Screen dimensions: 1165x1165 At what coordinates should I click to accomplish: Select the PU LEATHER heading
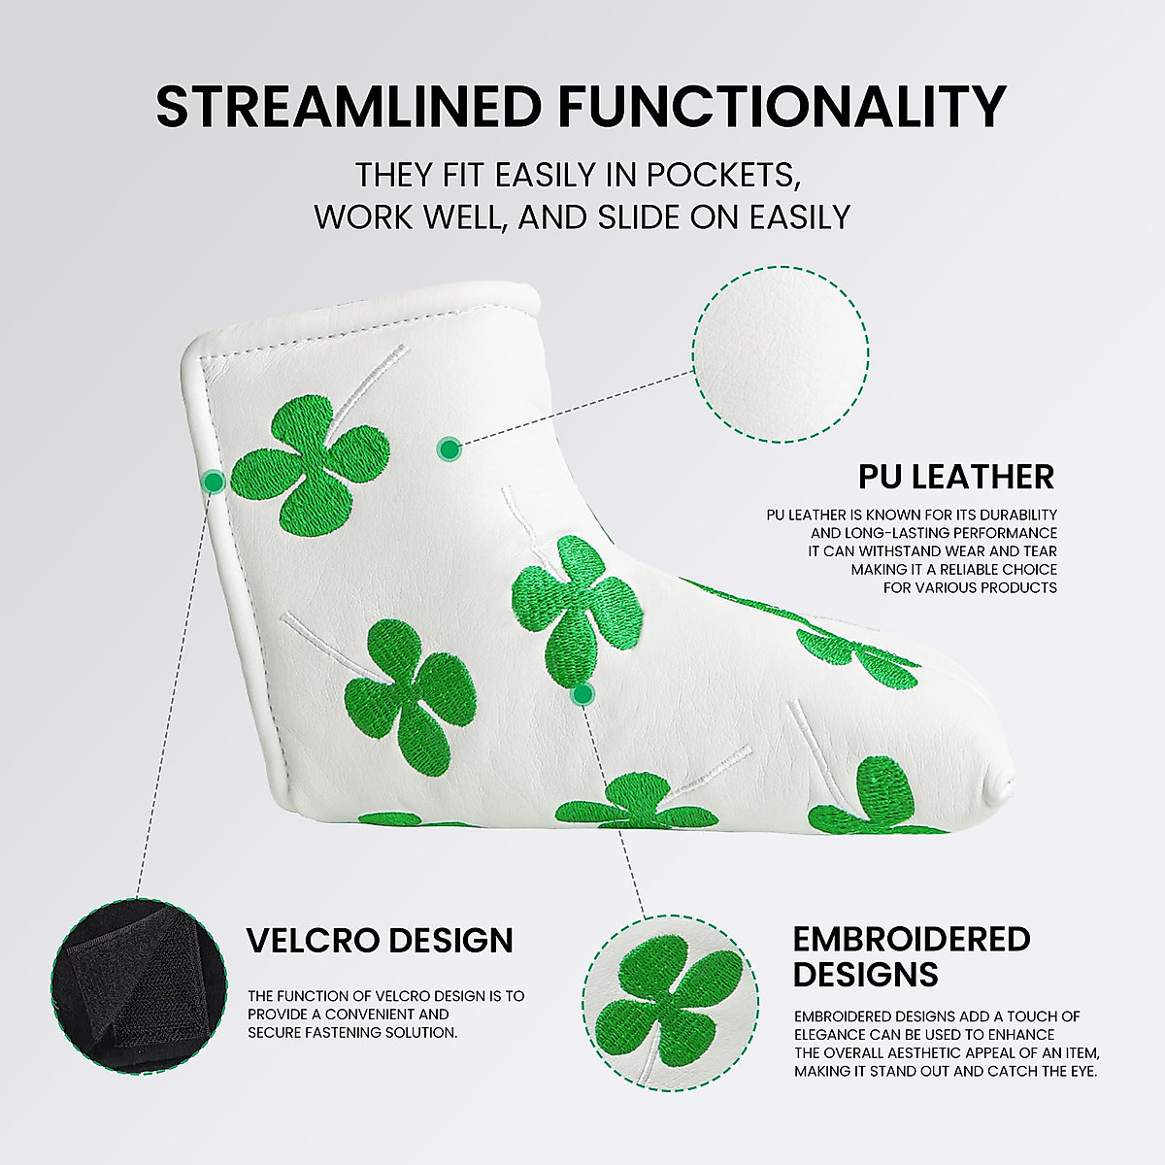955,477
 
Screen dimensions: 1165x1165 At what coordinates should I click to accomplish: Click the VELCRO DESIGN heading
380,941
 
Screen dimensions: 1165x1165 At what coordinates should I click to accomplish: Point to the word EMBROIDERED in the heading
912,939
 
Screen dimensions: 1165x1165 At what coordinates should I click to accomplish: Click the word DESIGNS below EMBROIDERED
865,974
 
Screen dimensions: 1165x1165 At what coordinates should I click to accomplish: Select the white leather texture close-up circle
781,354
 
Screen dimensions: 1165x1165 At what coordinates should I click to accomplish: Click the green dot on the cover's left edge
215,481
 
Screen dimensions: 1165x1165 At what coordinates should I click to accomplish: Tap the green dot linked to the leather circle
449,449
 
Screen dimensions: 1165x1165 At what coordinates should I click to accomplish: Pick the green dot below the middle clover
582,693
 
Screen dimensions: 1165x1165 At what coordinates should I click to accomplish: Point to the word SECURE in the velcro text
276,1033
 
